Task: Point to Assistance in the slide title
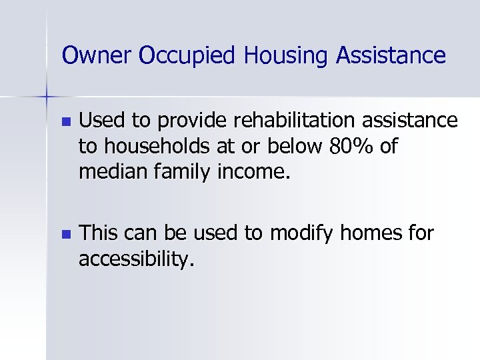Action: coord(390,55)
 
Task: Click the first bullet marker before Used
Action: coord(64,123)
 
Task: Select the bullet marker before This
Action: coord(64,235)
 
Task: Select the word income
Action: coord(255,172)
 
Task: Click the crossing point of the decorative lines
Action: coord(46,97)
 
